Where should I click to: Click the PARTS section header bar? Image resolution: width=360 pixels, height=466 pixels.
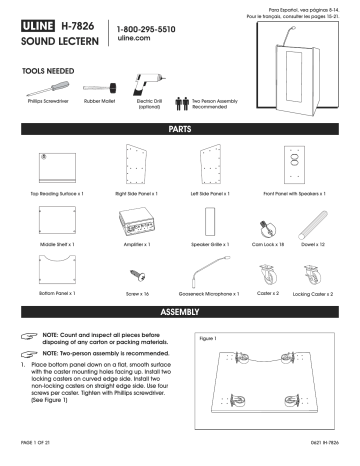tap(180, 130)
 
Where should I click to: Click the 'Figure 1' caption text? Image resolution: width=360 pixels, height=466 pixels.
tap(209, 338)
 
